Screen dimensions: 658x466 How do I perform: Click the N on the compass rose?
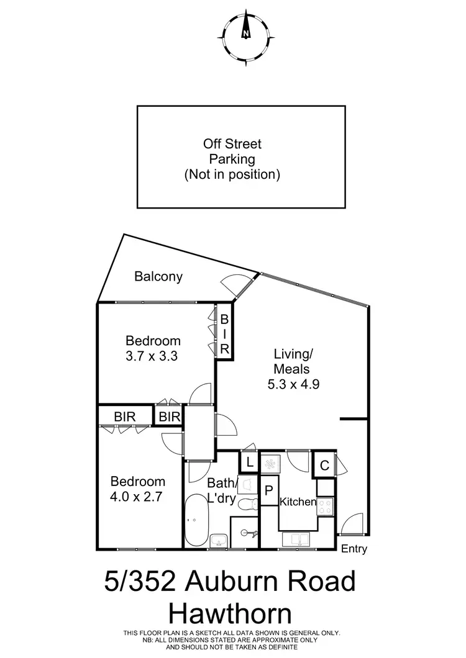[247, 34]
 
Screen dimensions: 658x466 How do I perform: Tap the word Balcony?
[158, 277]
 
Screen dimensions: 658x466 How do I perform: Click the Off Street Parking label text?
[232, 159]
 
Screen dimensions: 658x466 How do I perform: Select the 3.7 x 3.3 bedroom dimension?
[153, 356]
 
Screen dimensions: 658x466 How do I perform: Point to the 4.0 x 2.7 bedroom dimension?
[138, 497]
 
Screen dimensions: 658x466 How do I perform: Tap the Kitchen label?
[298, 502]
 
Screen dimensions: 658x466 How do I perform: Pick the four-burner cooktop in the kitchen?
[326, 507]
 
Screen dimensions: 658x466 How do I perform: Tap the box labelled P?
[269, 490]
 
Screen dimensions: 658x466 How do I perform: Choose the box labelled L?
[249, 462]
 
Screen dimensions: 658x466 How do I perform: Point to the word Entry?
[354, 549]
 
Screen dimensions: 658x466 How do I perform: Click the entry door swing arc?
[351, 524]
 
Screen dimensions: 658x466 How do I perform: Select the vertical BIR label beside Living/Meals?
[224, 335]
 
